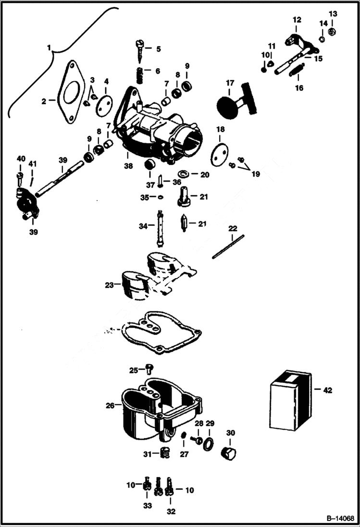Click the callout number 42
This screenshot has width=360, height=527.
pyautogui.click(x=328, y=391)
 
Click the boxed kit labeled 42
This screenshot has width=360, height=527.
pyautogui.click(x=289, y=400)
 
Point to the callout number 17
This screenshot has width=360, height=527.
pyautogui.click(x=230, y=83)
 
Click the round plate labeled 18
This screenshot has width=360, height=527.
pyautogui.click(x=219, y=154)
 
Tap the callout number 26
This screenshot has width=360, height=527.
pyautogui.click(x=110, y=405)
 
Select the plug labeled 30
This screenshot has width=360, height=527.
pyautogui.click(x=228, y=452)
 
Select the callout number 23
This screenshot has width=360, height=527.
pyautogui.click(x=110, y=285)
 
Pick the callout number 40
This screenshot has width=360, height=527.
pyautogui.click(x=21, y=159)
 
